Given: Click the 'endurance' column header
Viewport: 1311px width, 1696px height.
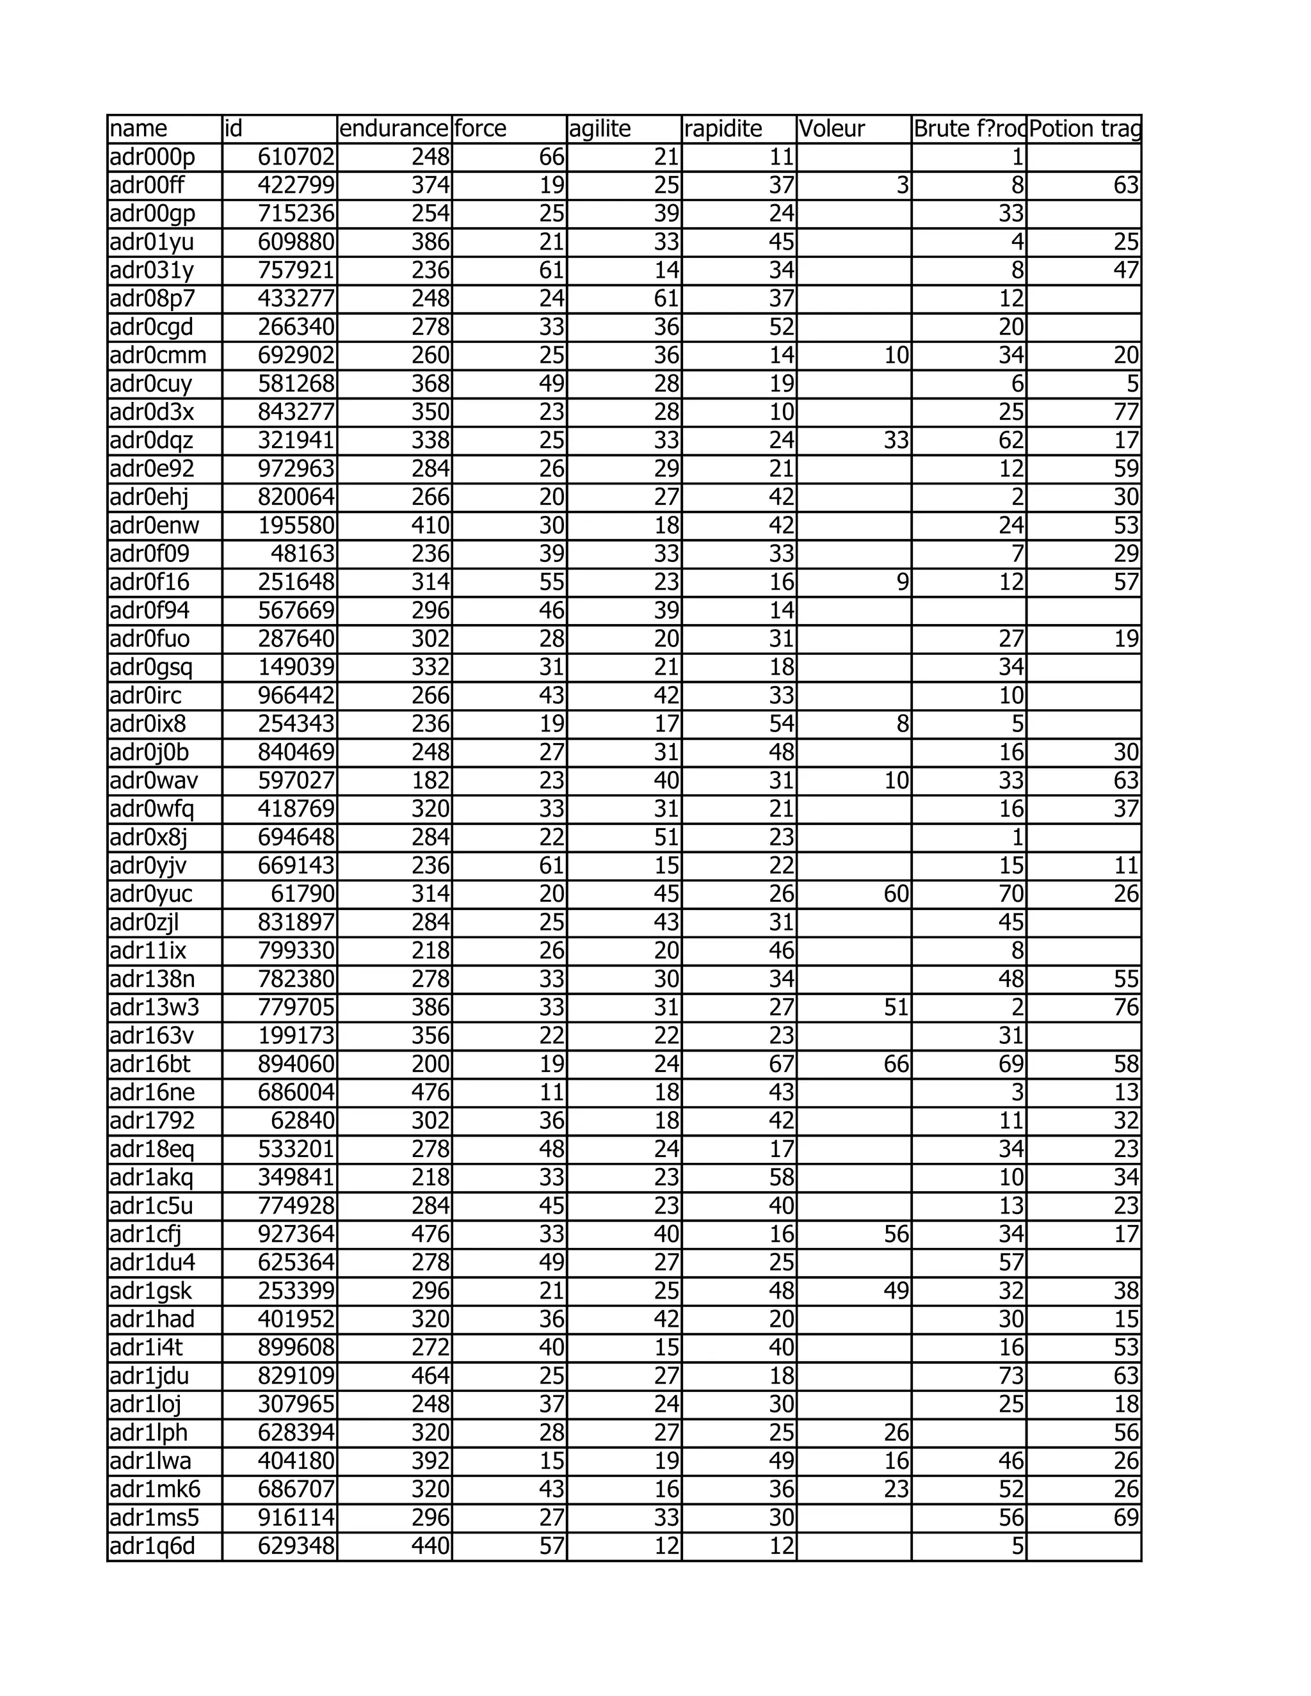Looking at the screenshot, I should click(x=394, y=129).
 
